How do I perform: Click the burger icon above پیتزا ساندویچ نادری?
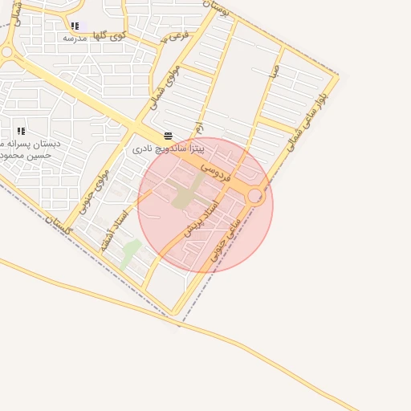tap(168, 136)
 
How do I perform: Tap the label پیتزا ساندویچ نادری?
tap(169, 149)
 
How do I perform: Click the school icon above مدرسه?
tap(75, 26)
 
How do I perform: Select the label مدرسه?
tap(75, 38)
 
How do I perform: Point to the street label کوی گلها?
tap(109, 35)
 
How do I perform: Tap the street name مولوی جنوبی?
tap(95, 190)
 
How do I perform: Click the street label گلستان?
tap(60, 226)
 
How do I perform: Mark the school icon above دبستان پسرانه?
tap(21, 131)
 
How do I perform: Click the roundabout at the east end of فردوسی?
tap(255, 196)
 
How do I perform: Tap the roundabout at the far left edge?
tap(6, 53)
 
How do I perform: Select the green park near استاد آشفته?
tap(128, 253)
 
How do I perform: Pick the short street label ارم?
tap(198, 128)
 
